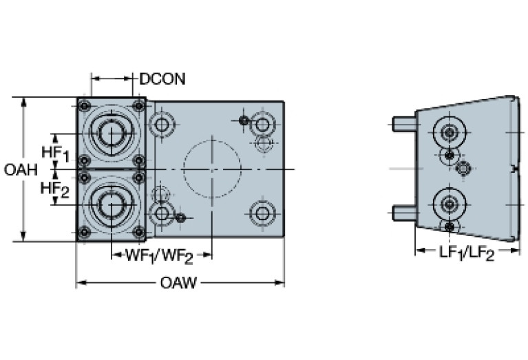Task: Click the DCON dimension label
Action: tap(162, 78)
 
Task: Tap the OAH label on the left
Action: tap(21, 169)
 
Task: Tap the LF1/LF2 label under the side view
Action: tap(467, 254)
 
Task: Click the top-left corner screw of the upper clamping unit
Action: tap(84, 106)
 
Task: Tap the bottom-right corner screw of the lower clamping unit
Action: tap(138, 232)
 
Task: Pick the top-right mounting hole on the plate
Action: tap(262, 125)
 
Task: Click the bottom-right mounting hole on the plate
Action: tap(262, 213)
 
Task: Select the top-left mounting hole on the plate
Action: tap(162, 125)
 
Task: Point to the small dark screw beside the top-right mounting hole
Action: tap(244, 121)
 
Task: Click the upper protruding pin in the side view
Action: tap(403, 124)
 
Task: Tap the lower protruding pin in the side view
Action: tap(403, 211)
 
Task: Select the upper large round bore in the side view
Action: tap(450, 131)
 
